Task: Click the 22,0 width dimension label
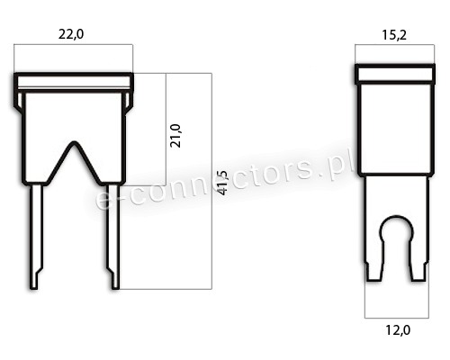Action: (71, 34)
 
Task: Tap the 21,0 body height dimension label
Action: (175, 136)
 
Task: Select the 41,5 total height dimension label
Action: (223, 183)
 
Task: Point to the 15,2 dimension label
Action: (394, 35)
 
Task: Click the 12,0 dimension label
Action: (398, 330)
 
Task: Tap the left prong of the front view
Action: (36, 237)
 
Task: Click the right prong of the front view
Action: (114, 237)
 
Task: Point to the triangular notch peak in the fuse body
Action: (74, 143)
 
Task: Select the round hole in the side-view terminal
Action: (397, 229)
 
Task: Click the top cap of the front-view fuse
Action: (74, 82)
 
